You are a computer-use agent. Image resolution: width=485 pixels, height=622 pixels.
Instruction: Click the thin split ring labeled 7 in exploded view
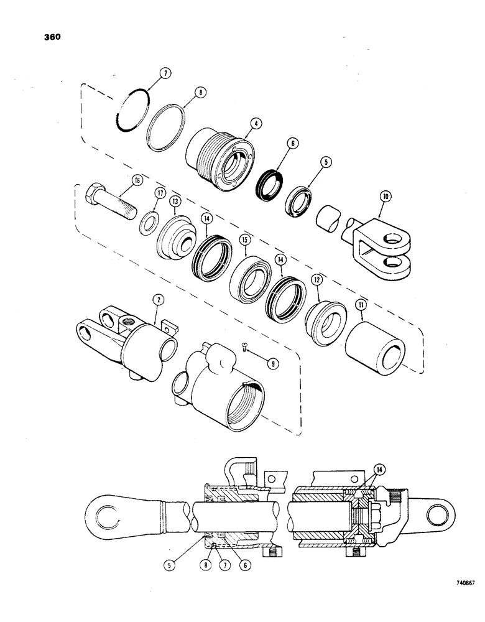click(x=134, y=111)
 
